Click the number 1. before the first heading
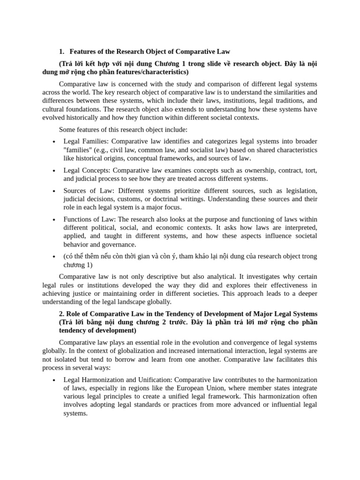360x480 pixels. pyautogui.click(x=62, y=51)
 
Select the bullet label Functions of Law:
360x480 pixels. pyautogui.click(x=90, y=219)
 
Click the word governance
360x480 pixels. pyautogui.click(x=121, y=244)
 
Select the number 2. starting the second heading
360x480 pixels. pyautogui.click(x=62, y=314)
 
